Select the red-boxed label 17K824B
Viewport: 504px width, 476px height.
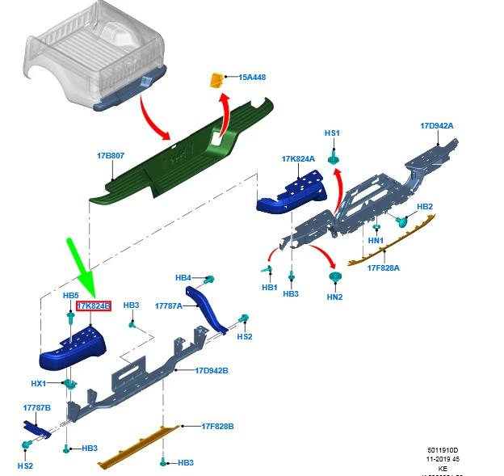click(x=93, y=306)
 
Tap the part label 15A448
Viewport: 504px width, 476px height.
click(x=252, y=78)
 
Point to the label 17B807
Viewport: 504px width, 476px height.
click(x=111, y=155)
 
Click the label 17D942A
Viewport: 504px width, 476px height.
click(x=436, y=126)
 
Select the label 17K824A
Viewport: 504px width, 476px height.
click(x=298, y=159)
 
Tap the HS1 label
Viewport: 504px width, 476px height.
click(x=333, y=133)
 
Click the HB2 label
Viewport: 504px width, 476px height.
click(x=425, y=207)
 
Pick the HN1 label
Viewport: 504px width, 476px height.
click(x=376, y=241)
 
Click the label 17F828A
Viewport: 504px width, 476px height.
click(x=384, y=267)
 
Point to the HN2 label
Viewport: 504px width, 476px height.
click(x=335, y=297)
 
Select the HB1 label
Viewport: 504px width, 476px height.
click(x=269, y=288)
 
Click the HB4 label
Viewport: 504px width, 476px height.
click(x=183, y=278)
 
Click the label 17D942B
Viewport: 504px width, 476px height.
click(x=212, y=371)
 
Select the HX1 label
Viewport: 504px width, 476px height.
click(x=39, y=384)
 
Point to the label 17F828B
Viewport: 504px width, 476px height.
click(x=218, y=426)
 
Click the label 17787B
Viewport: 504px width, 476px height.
click(x=37, y=409)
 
